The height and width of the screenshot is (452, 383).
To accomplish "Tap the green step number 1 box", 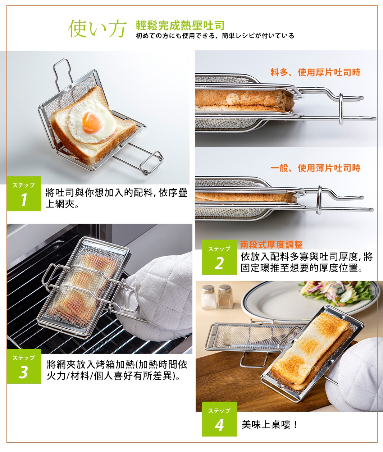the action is point(24,193).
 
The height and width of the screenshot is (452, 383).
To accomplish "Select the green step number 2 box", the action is point(219,257).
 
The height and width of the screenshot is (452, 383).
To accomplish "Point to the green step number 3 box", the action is point(24,366).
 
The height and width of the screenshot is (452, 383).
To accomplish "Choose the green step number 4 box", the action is point(219,419).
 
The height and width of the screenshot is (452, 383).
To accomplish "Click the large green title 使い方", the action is point(97,29).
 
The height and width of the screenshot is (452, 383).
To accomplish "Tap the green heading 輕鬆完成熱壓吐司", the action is point(180,26).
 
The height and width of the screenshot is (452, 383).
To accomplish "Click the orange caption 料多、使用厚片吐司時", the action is point(315,72).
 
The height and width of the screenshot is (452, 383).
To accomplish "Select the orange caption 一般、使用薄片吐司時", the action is point(315,168).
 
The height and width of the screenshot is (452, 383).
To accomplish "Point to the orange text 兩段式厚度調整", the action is point(272,245).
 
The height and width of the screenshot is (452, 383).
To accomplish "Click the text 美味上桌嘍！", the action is point(269,424).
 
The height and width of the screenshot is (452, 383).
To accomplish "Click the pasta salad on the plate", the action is point(337,292).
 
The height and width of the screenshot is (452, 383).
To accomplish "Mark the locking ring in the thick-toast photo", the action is point(341,109).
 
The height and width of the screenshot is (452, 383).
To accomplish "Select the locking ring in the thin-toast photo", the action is point(320,200).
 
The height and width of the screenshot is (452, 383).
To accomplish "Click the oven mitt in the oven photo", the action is point(154,297).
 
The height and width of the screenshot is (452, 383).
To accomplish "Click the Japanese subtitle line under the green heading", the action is point(215,36).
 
